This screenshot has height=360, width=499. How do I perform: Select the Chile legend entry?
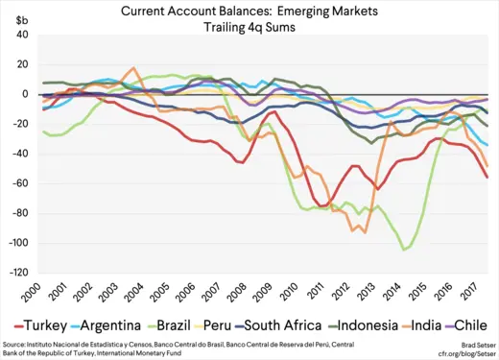coord(477,323)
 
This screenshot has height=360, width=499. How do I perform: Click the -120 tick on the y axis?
coord(18,273)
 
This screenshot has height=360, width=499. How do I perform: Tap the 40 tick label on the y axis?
coord(22,35)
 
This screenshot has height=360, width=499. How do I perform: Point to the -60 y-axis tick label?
coord(20,183)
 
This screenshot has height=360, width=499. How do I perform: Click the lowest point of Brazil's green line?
coord(405,250)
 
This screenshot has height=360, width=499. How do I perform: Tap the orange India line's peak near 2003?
coord(133,68)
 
